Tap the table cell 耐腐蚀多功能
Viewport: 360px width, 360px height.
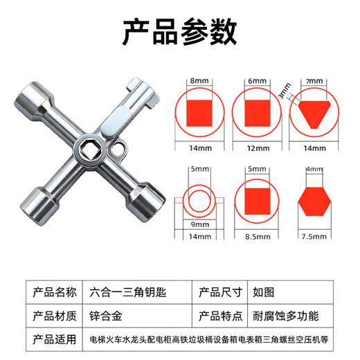click(280, 316)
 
